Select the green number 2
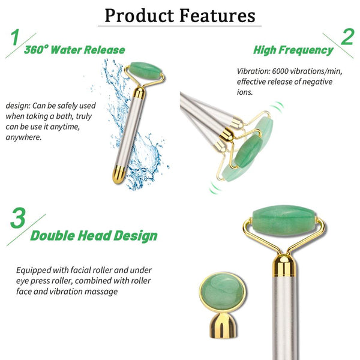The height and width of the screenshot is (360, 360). [346, 38]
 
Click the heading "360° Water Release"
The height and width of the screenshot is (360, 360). [74, 49]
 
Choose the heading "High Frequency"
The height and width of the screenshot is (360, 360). [293, 50]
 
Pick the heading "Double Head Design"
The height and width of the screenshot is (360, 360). [94, 236]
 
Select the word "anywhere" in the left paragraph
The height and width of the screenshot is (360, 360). [23, 137]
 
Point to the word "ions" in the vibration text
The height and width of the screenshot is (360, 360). [246, 92]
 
